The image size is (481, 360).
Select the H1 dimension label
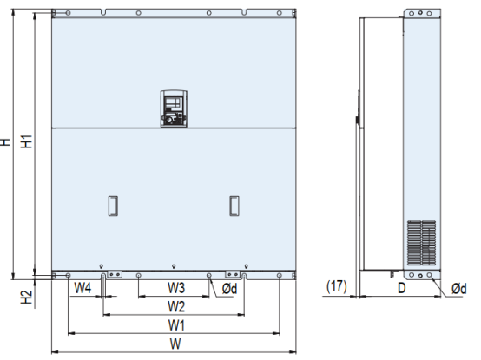(x=27, y=141)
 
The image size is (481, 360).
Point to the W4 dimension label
(x=83, y=287)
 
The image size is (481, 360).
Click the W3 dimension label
(x=175, y=287)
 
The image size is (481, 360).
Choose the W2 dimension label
(x=175, y=306)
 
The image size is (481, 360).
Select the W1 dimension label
(x=175, y=325)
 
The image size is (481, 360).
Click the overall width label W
(x=175, y=344)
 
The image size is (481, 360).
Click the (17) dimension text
(x=337, y=285)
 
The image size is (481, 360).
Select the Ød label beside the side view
(x=460, y=289)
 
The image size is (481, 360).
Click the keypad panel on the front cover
(x=174, y=108)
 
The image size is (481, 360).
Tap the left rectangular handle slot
(x=111, y=205)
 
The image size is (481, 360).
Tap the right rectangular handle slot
(x=233, y=205)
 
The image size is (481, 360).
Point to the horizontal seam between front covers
(x=174, y=128)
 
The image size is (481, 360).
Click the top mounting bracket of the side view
(x=419, y=14)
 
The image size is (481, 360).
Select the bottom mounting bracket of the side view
(x=419, y=275)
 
